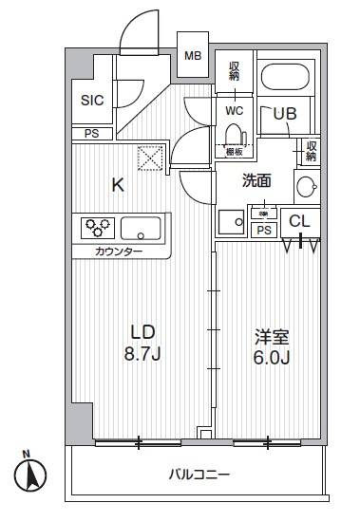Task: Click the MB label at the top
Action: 193,56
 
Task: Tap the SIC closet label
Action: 90,100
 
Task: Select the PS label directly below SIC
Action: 91,134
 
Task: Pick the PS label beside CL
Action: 264,230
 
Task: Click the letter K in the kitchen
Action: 119,185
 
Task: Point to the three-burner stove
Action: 98,228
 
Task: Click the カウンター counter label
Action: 119,252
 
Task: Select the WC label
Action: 235,110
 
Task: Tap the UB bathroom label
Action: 285,113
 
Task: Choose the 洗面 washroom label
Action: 256,178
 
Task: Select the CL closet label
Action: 299,221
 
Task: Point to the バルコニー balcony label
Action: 199,474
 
